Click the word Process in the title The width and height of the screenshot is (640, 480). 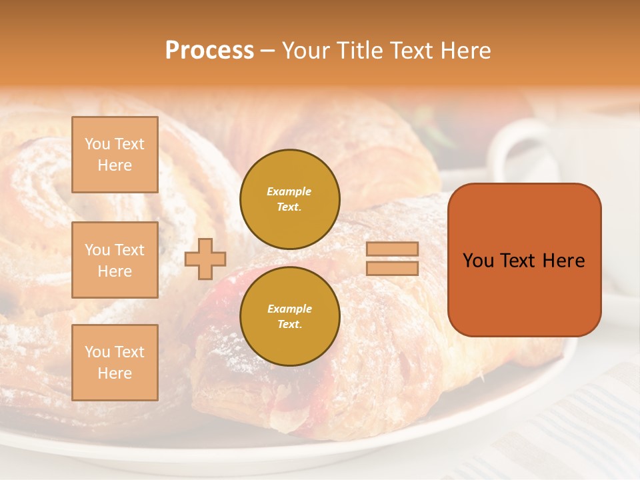[209, 51]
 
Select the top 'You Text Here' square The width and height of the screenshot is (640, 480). [115, 155]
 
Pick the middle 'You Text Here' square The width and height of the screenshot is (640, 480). [115, 260]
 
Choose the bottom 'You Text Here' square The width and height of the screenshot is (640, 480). [115, 363]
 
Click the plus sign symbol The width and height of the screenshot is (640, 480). [205, 259]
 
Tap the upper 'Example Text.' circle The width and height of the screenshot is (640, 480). [289, 199]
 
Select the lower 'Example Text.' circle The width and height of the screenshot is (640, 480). [289, 317]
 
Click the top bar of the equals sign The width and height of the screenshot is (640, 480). [392, 249]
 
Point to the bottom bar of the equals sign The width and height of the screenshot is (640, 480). [392, 268]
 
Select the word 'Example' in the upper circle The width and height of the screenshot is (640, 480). [289, 192]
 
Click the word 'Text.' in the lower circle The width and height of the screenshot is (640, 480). [289, 325]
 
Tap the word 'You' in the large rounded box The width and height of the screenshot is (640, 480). [477, 261]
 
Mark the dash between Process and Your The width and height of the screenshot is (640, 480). [267, 51]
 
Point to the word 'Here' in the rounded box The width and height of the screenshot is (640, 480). [563, 261]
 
